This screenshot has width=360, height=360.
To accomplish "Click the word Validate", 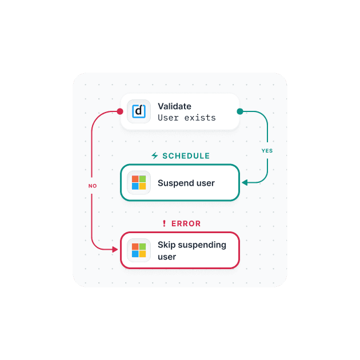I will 174,106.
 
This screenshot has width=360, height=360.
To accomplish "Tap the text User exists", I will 187,118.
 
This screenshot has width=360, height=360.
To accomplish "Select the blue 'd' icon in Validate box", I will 139,111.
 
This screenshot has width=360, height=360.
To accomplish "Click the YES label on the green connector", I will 267,151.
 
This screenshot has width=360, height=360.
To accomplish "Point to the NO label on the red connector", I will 93,186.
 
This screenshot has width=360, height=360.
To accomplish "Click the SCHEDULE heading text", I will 186,156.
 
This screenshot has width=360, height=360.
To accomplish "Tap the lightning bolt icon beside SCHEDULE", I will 154,156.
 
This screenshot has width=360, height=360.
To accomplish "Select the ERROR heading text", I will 186,224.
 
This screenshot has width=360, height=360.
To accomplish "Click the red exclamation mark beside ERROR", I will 164,224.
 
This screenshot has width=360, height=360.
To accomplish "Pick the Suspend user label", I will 186,183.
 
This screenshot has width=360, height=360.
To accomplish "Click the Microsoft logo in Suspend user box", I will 139,183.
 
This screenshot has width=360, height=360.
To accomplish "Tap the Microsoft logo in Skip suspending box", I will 139,250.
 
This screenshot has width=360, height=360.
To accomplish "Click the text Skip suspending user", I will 192,251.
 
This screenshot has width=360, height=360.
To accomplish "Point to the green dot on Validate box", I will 240,111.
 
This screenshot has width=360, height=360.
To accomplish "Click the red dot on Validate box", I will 120,111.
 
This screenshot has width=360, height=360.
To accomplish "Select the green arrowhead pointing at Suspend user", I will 244,183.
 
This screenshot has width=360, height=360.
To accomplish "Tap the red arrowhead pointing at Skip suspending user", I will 116,250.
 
